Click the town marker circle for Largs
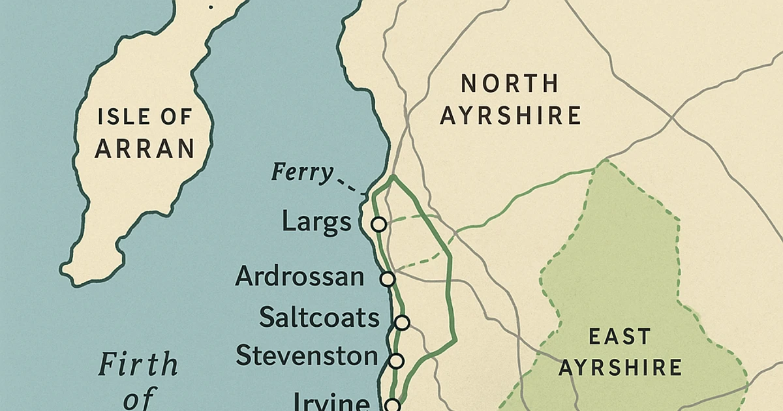[x=378, y=224]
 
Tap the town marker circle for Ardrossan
[x=388, y=279]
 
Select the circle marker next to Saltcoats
[x=402, y=322]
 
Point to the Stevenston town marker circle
[x=396, y=360]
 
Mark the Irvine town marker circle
[x=391, y=405]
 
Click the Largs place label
[x=316, y=223]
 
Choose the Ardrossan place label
[x=299, y=277]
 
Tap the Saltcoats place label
[x=319, y=318]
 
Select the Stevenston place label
[x=307, y=356]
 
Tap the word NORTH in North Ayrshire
[x=510, y=84]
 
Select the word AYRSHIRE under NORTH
[x=510, y=115]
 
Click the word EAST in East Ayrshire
[x=619, y=337]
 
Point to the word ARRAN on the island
[x=145, y=149]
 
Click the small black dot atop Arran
[x=210, y=7]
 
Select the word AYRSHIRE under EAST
[x=620, y=367]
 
